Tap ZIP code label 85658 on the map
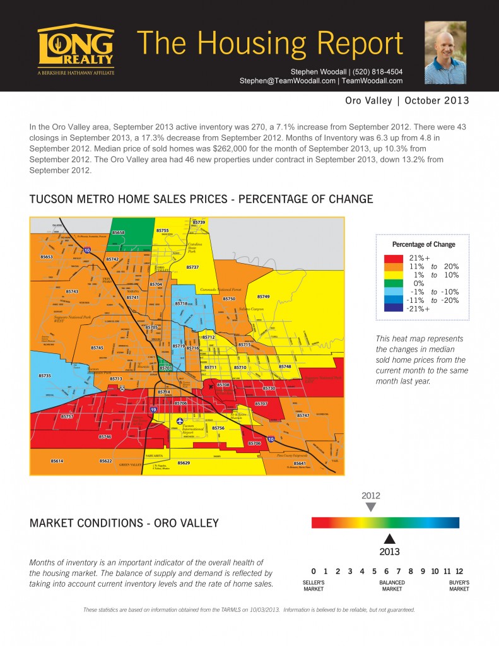coord(119,233)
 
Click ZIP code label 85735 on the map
coord(45,375)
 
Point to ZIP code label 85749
coord(263,297)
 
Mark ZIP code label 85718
coord(181,304)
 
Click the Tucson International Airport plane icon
coord(181,421)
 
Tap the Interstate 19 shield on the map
coord(153,410)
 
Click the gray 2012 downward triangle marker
coord(371,507)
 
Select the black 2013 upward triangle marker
coord(390,538)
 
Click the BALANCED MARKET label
coord(392,585)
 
